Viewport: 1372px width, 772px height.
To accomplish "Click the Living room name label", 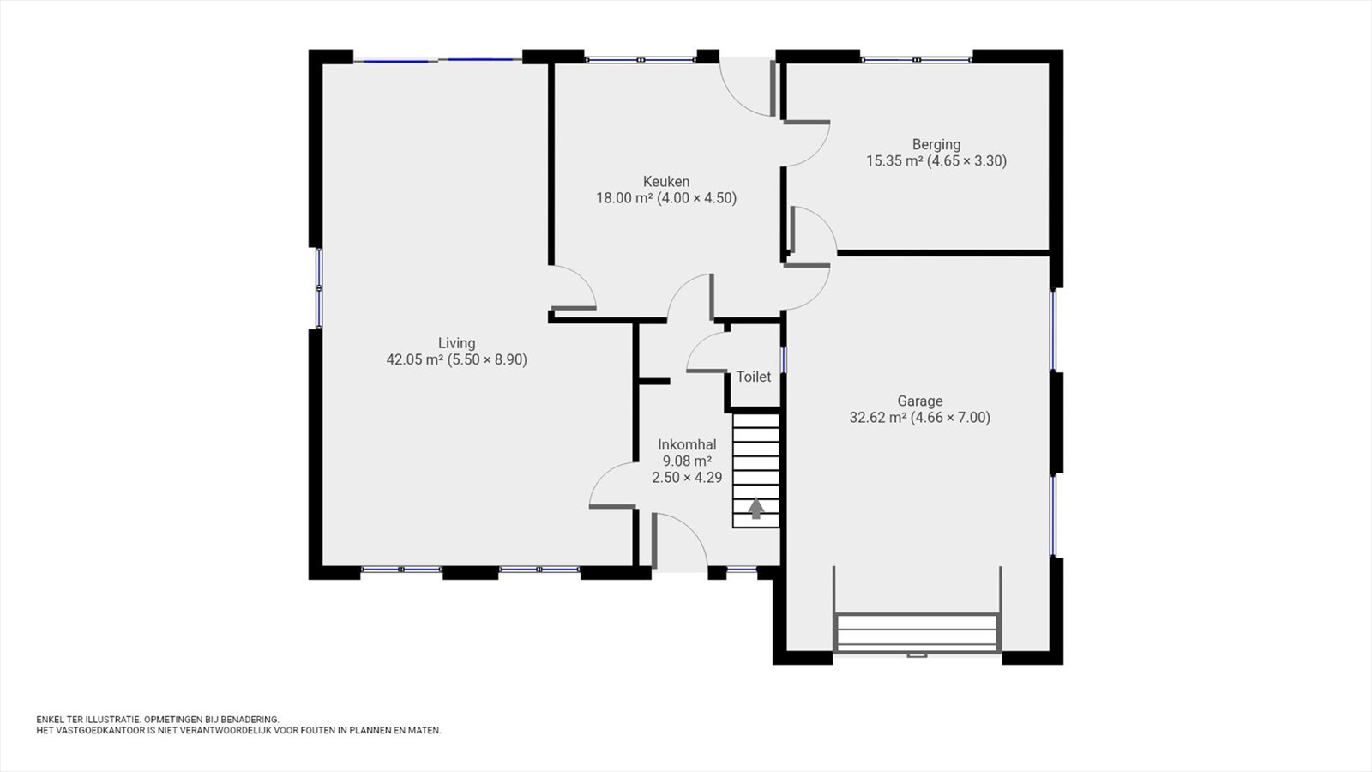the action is [x=456, y=344].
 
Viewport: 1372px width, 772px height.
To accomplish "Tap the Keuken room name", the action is [x=665, y=182].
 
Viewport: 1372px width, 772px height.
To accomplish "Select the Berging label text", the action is [x=936, y=145].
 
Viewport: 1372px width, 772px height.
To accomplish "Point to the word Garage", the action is [x=919, y=401].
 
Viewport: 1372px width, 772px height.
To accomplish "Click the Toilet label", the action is [x=754, y=377].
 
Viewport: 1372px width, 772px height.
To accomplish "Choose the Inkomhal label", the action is [x=687, y=445].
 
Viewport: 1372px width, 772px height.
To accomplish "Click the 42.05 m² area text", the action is [x=415, y=359].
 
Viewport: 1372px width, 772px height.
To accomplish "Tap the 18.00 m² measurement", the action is [x=624, y=198].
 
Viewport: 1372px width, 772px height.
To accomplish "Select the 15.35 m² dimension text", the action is [x=894, y=161].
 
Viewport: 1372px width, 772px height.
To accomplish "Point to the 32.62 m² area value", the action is [x=878, y=418].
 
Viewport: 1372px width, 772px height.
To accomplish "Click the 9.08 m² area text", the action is [x=687, y=461].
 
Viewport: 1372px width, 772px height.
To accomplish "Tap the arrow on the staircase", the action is [x=756, y=508].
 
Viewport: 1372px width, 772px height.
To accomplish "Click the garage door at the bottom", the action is [x=917, y=633].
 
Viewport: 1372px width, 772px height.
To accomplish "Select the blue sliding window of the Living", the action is [x=438, y=60].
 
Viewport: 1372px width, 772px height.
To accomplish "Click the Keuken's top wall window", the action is [x=640, y=60].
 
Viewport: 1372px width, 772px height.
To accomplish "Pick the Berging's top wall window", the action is [x=917, y=60].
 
